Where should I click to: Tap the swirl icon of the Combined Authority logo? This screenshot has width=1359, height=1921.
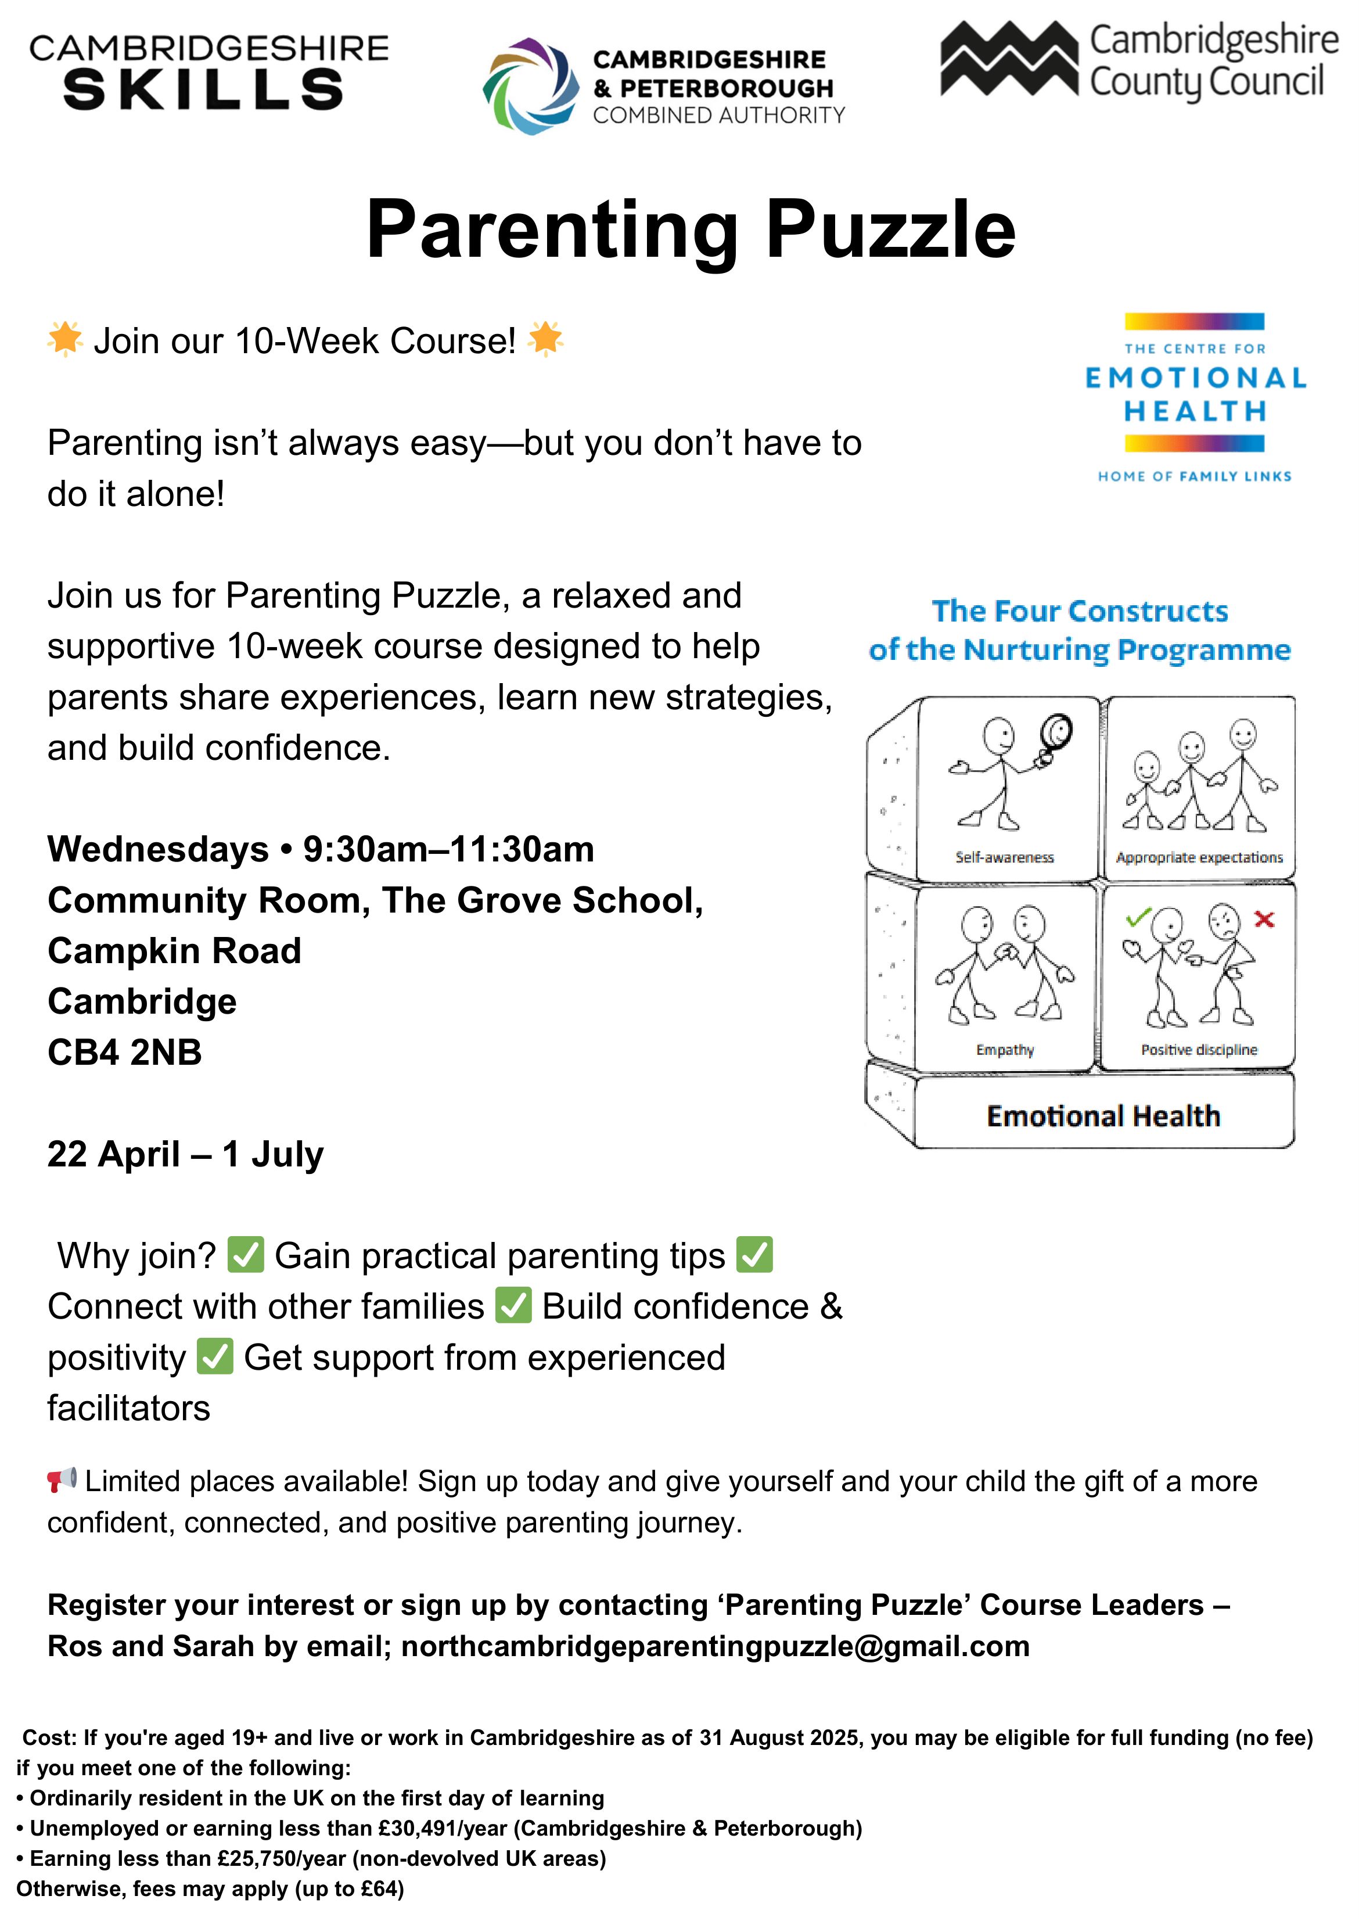(531, 86)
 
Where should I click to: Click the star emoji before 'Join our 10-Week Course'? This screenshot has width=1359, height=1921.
(64, 339)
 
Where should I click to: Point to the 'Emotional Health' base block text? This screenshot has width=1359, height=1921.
(1103, 1116)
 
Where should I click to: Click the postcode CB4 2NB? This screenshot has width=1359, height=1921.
(125, 1052)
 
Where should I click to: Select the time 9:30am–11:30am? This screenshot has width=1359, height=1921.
(448, 849)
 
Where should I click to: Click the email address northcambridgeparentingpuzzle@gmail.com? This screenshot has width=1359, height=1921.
(716, 1646)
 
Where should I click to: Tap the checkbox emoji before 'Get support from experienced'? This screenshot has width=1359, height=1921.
(215, 1357)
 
